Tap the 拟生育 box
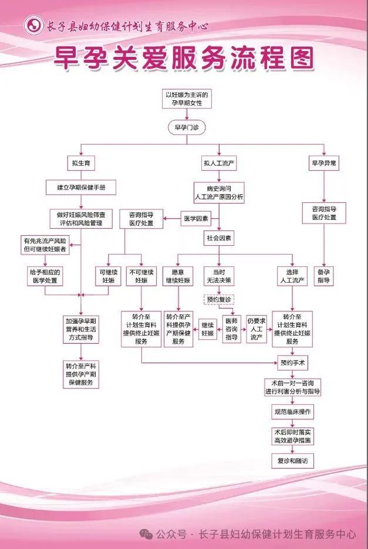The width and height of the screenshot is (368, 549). pyautogui.click(x=80, y=164)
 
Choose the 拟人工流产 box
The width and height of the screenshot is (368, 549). pyautogui.click(x=220, y=164)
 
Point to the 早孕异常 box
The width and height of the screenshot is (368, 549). pyautogui.click(x=323, y=164)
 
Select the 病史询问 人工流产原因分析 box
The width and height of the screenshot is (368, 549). pyautogui.click(x=219, y=193)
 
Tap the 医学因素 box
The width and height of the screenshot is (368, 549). pyautogui.click(x=195, y=219)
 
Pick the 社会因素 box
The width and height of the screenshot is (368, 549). pyautogui.click(x=218, y=238)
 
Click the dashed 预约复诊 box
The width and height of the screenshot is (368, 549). pyautogui.click(x=219, y=300)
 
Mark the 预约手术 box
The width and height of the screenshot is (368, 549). pyautogui.click(x=292, y=362)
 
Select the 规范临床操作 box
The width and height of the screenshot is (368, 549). pyautogui.click(x=292, y=412)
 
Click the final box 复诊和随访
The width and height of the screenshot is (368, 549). pyautogui.click(x=292, y=462)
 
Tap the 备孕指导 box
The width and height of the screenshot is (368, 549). pyautogui.click(x=323, y=276)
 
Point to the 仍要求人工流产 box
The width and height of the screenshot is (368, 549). pyautogui.click(x=256, y=328)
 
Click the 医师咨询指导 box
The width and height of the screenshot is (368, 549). pyautogui.click(x=232, y=329)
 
